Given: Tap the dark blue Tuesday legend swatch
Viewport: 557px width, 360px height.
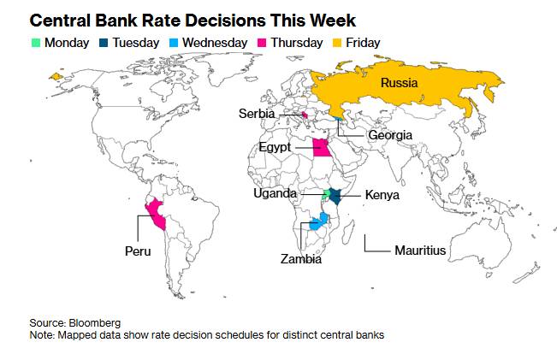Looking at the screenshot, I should pyautogui.click(x=104, y=43).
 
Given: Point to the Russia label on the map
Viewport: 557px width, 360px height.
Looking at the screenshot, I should pyautogui.click(x=399, y=84).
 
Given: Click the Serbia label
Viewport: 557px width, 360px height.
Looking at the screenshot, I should pyautogui.click(x=257, y=114).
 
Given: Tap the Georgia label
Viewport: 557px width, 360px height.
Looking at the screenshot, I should pyautogui.click(x=390, y=135).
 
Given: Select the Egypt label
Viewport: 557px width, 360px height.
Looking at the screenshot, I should pyautogui.click(x=275, y=148).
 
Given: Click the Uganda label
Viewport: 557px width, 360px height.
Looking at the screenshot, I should pyautogui.click(x=276, y=193).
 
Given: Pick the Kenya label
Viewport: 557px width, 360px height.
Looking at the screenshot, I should pyautogui.click(x=382, y=195).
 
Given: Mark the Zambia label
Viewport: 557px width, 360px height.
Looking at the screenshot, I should pyautogui.click(x=301, y=258).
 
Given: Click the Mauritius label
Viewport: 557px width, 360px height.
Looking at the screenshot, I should pyautogui.click(x=420, y=251).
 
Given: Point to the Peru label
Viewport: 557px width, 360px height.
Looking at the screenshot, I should pyautogui.click(x=137, y=251).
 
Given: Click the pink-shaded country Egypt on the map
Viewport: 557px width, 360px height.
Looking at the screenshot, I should pyautogui.click(x=322, y=148).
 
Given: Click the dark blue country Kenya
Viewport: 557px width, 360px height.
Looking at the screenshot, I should pyautogui.click(x=336, y=195).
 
